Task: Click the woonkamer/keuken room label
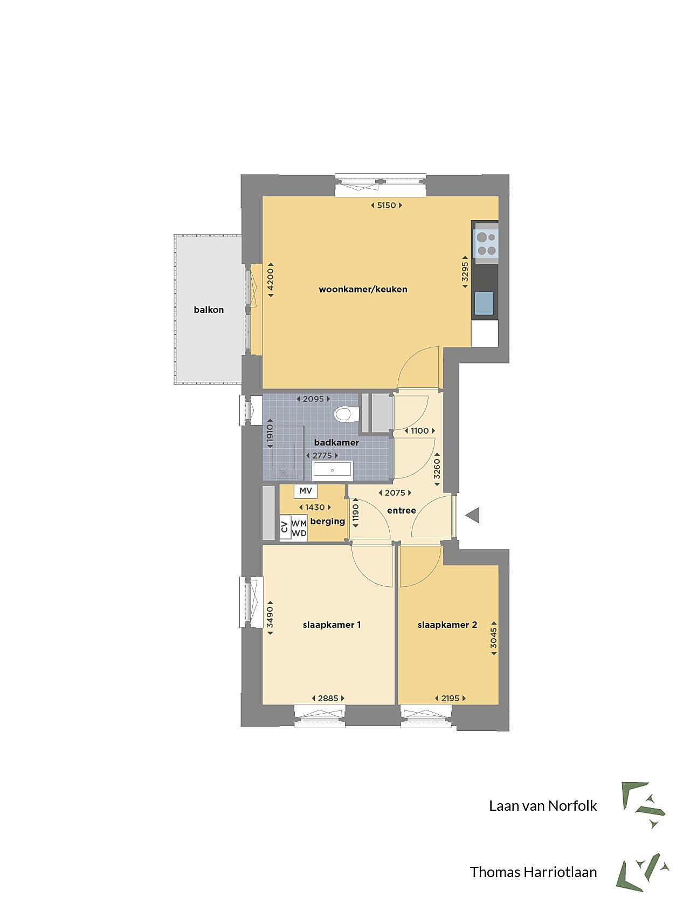pyautogui.click(x=363, y=289)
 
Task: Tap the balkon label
pyautogui.click(x=209, y=310)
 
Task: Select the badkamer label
pyautogui.click(x=336, y=442)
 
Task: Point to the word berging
pyautogui.click(x=328, y=522)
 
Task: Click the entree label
pyautogui.click(x=402, y=510)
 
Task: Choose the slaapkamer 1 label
pyautogui.click(x=332, y=625)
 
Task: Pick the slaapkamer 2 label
pyautogui.click(x=447, y=625)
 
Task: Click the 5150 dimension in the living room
pyautogui.click(x=387, y=205)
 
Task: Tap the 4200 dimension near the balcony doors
pyautogui.click(x=271, y=279)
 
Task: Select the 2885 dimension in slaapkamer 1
pyautogui.click(x=328, y=698)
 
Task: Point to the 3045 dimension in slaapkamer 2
pyautogui.click(x=494, y=639)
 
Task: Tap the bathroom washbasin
pyautogui.click(x=333, y=470)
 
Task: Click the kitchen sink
pyautogui.click(x=484, y=303)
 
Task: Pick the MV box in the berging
pyautogui.click(x=306, y=491)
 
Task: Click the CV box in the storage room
pyautogui.click(x=285, y=527)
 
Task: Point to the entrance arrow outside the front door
pyautogui.click(x=473, y=515)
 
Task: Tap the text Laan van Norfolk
pyautogui.click(x=543, y=806)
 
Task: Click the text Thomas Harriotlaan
pyautogui.click(x=534, y=872)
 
